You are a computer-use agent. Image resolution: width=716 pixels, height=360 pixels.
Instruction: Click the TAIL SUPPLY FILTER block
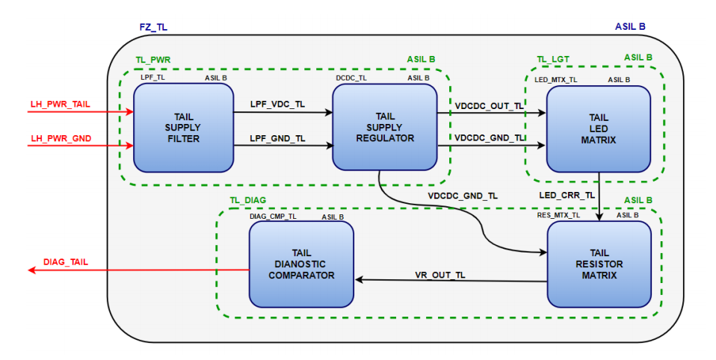click(x=183, y=128)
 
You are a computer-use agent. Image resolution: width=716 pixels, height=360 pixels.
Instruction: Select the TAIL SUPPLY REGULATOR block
click(x=384, y=127)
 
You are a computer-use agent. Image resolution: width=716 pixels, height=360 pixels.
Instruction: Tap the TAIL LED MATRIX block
click(x=597, y=128)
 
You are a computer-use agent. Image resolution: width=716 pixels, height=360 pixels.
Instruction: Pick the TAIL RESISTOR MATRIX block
click(x=599, y=264)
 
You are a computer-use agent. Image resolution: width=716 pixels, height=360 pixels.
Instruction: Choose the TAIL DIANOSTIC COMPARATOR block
click(x=300, y=264)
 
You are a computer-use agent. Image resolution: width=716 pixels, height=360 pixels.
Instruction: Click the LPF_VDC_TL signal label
click(x=277, y=104)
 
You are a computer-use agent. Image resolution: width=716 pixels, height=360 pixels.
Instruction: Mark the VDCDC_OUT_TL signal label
click(x=490, y=105)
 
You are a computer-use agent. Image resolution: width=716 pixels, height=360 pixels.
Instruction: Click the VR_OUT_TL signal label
click(x=440, y=274)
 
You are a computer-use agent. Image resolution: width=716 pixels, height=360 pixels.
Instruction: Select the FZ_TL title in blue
click(x=153, y=27)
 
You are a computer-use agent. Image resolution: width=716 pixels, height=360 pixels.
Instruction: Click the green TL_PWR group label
click(x=152, y=59)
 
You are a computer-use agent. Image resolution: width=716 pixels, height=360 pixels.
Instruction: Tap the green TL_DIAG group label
click(x=247, y=200)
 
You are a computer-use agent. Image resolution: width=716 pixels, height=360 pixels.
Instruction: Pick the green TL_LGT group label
click(x=553, y=59)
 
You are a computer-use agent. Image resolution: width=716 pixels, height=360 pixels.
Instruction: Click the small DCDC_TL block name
click(x=351, y=78)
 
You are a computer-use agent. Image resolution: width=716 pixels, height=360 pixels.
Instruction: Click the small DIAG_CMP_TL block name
click(x=273, y=216)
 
